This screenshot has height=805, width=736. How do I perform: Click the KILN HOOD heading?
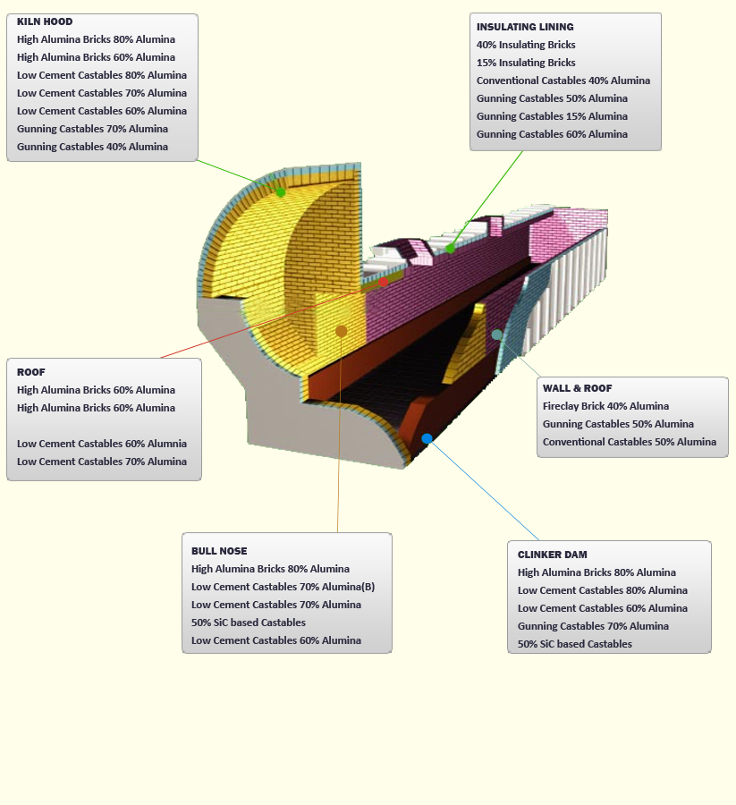[x=45, y=21]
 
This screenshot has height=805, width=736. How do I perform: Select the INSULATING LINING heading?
[x=525, y=27]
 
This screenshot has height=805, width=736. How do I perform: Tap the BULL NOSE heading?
[x=219, y=551]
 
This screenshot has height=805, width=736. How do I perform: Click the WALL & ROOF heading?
[x=578, y=388]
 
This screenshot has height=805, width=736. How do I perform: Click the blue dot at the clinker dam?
[x=427, y=438]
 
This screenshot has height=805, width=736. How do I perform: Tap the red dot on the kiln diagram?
[x=384, y=282]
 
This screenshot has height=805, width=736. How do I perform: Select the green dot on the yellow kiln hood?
[x=281, y=192]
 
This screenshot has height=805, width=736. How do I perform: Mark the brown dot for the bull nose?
[x=341, y=331]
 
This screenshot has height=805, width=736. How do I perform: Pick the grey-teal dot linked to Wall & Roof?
[x=496, y=335]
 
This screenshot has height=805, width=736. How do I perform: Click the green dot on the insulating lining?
[x=451, y=248]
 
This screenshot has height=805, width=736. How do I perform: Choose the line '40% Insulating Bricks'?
[x=526, y=45]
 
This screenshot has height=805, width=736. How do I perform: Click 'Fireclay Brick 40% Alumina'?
[x=605, y=406]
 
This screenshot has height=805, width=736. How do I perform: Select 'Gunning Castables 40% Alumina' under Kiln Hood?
[x=92, y=147]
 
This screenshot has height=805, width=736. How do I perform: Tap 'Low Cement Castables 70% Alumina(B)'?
[x=283, y=587]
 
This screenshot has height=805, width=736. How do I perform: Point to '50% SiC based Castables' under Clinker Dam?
[x=575, y=644]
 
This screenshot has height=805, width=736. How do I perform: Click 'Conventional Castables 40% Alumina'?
[x=563, y=80]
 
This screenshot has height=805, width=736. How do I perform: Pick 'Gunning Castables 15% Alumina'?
[x=552, y=116]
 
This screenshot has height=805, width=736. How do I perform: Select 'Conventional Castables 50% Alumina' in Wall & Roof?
[x=630, y=442]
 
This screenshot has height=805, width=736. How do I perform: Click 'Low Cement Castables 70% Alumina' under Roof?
[x=102, y=462]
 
